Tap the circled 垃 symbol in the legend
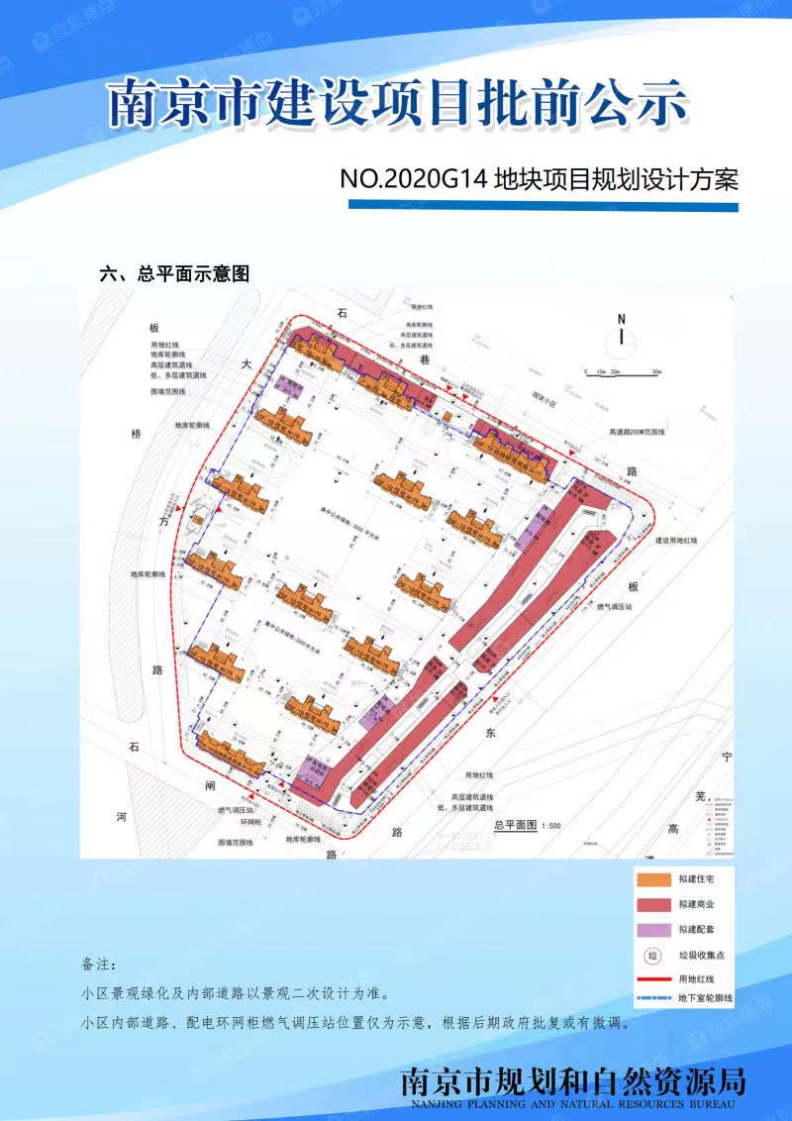[x=651, y=956]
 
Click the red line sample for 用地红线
[x=652, y=979]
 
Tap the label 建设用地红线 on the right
[x=676, y=541]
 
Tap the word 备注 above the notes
[x=99, y=964]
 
